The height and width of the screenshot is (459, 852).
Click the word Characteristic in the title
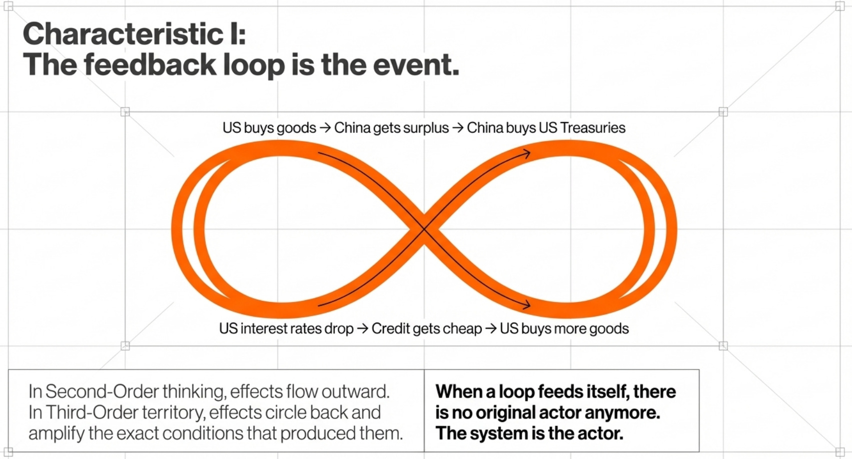coord(123,34)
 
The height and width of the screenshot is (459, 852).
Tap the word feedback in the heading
coord(150,64)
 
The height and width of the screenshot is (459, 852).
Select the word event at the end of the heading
coord(416,65)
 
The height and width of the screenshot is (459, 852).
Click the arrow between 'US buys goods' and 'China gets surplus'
coord(325,128)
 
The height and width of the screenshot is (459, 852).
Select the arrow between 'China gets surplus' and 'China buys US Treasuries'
coord(458,128)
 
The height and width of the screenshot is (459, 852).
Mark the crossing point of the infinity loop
coord(424,229)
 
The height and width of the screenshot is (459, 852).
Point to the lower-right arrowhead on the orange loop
coord(526,305)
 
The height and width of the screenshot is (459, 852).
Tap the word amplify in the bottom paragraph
coord(56,434)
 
